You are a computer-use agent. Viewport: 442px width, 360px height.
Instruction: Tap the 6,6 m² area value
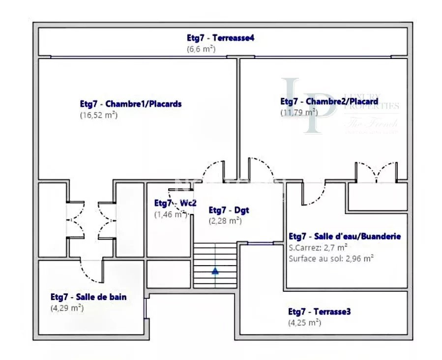click(201, 49)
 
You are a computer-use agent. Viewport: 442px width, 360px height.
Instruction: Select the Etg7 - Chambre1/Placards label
click(131, 104)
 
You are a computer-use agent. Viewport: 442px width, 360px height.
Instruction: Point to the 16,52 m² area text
click(99, 115)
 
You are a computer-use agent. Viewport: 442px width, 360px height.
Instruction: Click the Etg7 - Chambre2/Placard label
click(329, 101)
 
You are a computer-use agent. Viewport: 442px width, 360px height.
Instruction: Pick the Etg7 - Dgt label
click(229, 210)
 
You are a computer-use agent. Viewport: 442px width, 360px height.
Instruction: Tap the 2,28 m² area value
click(225, 221)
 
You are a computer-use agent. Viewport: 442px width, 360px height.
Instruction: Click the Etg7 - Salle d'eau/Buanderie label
click(345, 236)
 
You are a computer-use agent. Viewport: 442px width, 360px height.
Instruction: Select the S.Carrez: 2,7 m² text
click(319, 247)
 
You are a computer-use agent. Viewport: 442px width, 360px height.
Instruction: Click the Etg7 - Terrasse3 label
click(320, 311)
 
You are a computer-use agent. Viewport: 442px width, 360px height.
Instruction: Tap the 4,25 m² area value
click(304, 323)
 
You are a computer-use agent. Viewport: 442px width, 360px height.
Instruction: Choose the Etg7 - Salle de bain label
click(88, 297)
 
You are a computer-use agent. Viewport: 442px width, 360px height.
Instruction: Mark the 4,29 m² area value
click(67, 308)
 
